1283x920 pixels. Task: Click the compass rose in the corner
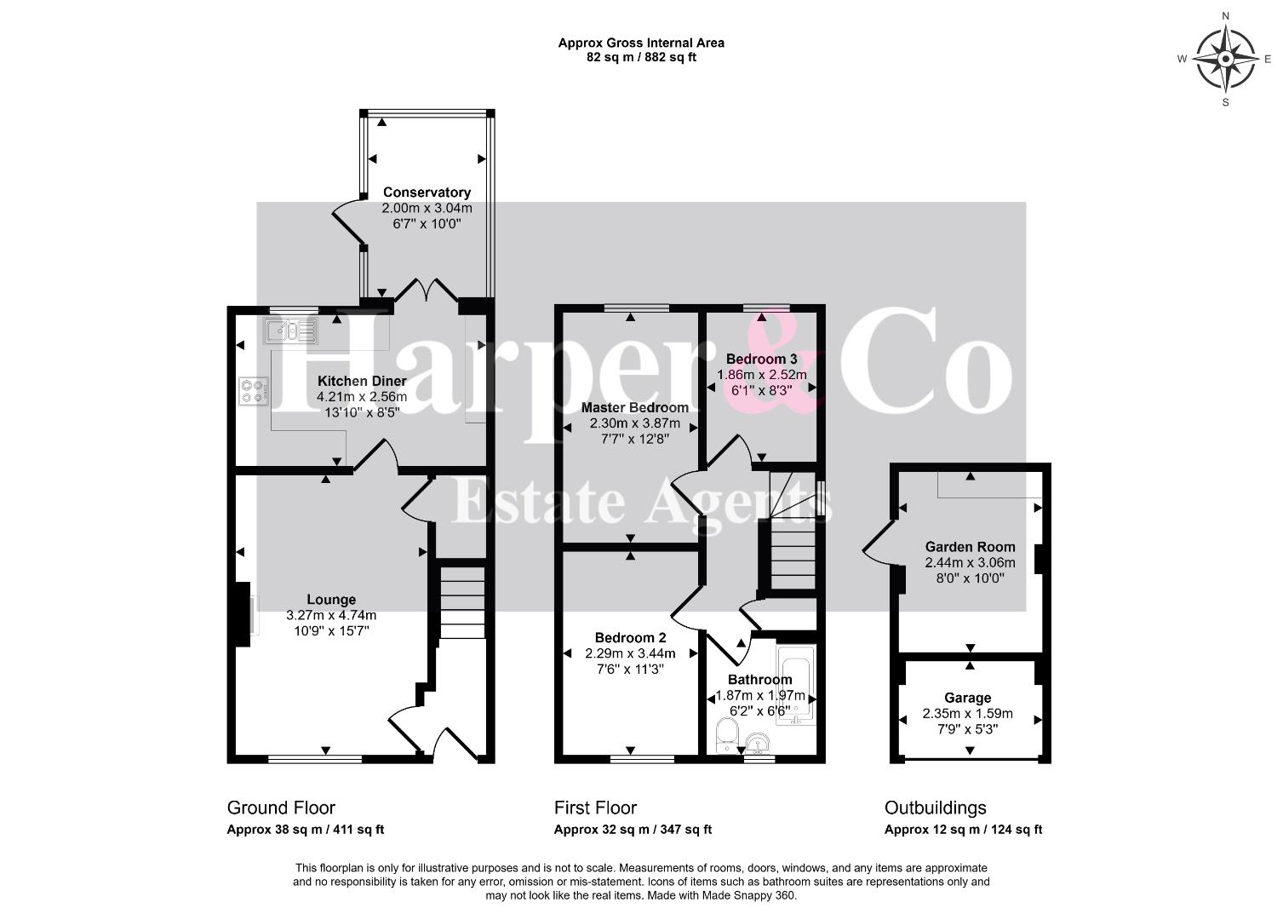pyautogui.click(x=1225, y=59)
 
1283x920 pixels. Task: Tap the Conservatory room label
pyautogui.click(x=427, y=192)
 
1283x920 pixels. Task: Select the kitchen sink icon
pyautogui.click(x=290, y=331)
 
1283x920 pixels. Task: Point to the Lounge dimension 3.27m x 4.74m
pyautogui.click(x=331, y=616)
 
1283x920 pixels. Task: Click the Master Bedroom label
pyautogui.click(x=634, y=407)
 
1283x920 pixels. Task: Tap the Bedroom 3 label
pyautogui.click(x=761, y=359)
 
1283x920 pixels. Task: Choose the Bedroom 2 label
pyautogui.click(x=630, y=637)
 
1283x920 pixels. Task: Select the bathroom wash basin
pyautogui.click(x=759, y=743)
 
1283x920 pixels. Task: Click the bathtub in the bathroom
pyautogui.click(x=795, y=686)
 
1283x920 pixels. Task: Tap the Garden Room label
pyautogui.click(x=970, y=547)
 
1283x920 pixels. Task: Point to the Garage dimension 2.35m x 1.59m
pyautogui.click(x=967, y=714)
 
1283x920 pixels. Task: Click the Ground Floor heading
pyautogui.click(x=281, y=808)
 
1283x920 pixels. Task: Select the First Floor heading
pyautogui.click(x=595, y=808)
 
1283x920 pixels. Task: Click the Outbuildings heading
pyautogui.click(x=936, y=808)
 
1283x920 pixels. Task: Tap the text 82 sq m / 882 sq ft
pyautogui.click(x=641, y=57)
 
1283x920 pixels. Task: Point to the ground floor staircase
pyautogui.click(x=462, y=602)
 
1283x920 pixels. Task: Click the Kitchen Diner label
pyautogui.click(x=362, y=381)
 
